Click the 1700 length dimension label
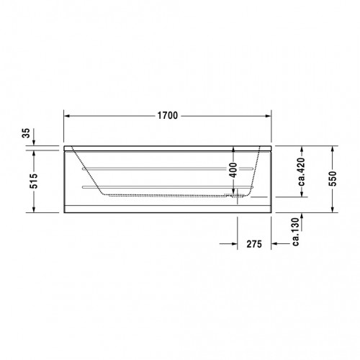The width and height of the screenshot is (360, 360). tap(168, 116)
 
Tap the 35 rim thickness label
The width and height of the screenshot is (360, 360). tap(26, 133)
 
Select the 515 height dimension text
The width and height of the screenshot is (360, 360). tap(34, 181)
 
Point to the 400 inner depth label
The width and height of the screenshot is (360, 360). tap(233, 170)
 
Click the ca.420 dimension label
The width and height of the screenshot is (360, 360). tap(301, 171)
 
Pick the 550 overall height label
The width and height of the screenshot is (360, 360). tap(333, 179)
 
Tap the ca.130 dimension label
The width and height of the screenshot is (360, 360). tap(296, 232)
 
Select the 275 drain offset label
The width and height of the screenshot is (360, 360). tap(254, 244)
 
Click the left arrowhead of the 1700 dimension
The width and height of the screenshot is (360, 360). tap(67, 116)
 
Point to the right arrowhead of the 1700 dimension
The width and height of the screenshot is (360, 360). tap(269, 116)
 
